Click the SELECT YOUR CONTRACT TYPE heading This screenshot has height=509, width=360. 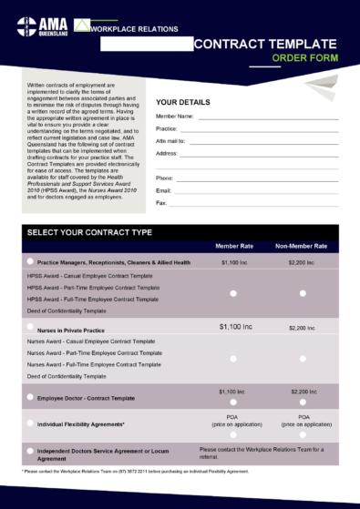89,232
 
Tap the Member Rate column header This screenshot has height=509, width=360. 234,247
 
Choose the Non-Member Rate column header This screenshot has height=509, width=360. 302,247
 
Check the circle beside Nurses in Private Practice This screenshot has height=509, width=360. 30,329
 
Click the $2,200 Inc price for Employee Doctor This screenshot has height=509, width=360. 302,391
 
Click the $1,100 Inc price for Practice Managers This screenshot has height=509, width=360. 233,262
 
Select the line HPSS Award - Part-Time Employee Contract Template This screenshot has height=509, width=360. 93,287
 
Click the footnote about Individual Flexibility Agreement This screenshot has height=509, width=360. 135,472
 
